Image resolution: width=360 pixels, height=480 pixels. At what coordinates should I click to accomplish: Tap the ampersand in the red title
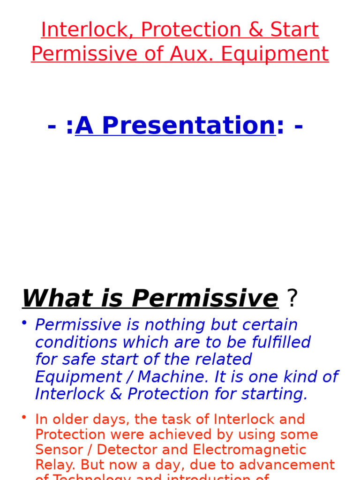coord(256,30)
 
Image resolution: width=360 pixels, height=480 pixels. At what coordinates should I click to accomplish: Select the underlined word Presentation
coord(175,126)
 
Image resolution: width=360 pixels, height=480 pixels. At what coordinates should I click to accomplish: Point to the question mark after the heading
coord(292,299)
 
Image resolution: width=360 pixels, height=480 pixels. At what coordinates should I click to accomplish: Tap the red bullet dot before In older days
coord(24,416)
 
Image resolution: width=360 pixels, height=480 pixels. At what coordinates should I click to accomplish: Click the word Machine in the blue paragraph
coord(171,377)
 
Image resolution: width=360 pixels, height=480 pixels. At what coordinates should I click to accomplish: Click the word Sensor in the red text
coord(58,450)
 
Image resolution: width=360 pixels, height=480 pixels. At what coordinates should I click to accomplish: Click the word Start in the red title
coord(295,30)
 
